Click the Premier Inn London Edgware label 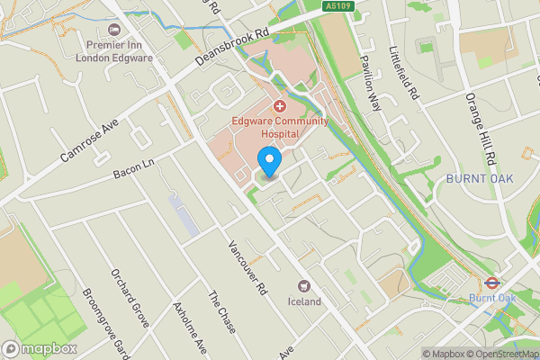(x=118, y=51)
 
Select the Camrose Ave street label (x=90, y=138)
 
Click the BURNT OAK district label (x=479, y=179)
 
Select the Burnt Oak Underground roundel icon (x=492, y=282)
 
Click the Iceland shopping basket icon (x=304, y=285)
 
